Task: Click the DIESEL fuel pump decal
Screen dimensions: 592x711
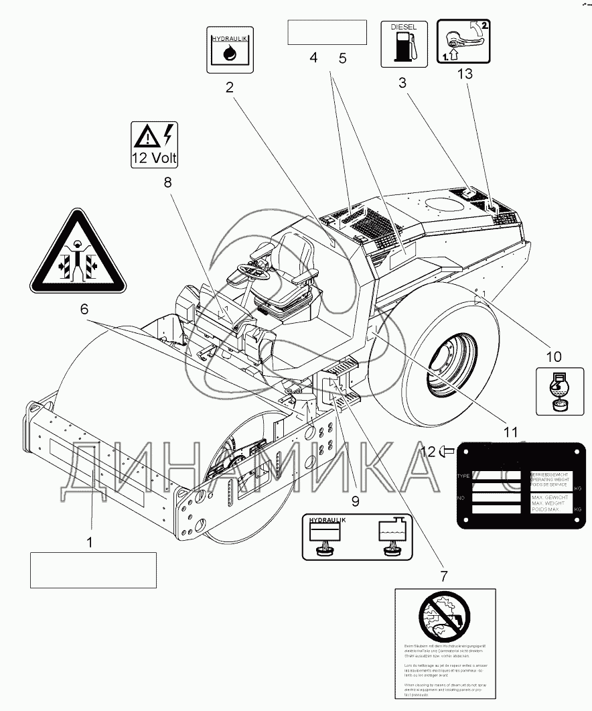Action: [404, 44]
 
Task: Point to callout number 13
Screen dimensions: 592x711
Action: [464, 74]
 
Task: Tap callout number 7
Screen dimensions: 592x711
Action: [443, 575]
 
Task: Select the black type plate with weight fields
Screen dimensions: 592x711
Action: [518, 489]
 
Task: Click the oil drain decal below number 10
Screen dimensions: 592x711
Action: [555, 391]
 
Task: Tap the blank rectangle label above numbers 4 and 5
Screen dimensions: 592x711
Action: [327, 32]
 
